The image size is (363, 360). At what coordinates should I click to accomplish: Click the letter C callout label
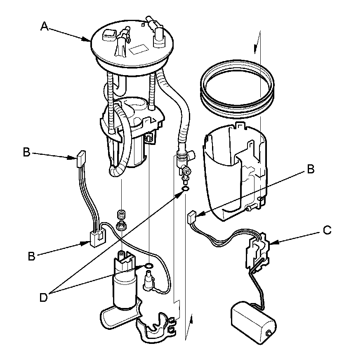click(327, 230)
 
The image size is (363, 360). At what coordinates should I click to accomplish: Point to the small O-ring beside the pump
click(149, 265)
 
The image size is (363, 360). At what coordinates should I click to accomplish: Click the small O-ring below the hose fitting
click(185, 189)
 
